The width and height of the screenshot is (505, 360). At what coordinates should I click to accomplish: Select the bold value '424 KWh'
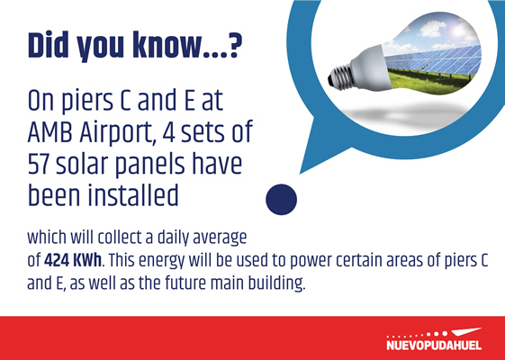73,260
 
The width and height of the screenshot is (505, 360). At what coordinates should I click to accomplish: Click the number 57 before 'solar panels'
39,164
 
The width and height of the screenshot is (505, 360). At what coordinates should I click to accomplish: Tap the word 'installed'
133,195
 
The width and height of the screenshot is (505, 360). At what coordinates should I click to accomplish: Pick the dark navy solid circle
281,200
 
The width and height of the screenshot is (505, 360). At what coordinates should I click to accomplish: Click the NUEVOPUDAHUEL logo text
434,346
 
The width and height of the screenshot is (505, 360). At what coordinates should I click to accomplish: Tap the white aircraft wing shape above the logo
466,332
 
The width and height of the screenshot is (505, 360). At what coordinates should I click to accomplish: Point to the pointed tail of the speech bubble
302,173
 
